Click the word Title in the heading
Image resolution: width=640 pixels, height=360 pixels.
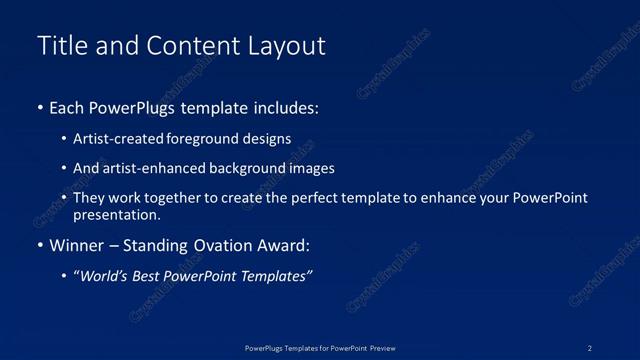(x=61, y=46)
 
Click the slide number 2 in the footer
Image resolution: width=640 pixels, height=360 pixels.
(x=590, y=347)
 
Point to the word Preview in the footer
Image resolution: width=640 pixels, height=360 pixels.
(x=382, y=347)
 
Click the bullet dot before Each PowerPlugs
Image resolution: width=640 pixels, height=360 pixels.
(x=40, y=107)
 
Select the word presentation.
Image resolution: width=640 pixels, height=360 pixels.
(x=116, y=214)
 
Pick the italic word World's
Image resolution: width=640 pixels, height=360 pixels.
(x=106, y=276)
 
